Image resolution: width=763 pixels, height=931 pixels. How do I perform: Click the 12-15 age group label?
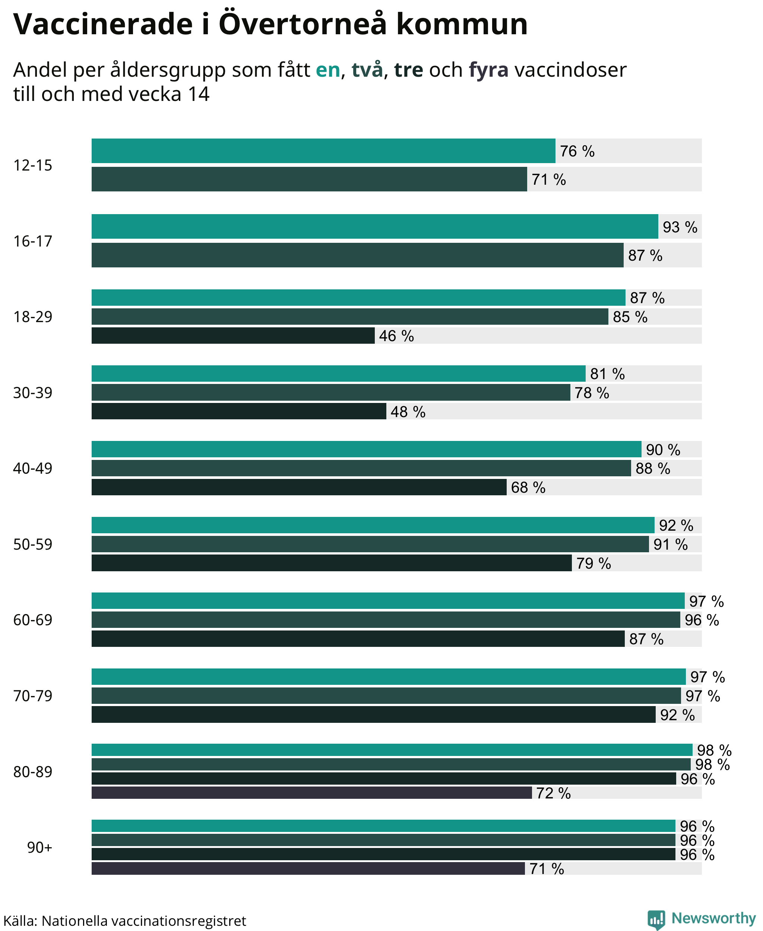(32, 165)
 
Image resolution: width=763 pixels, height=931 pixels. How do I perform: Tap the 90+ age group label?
(39, 847)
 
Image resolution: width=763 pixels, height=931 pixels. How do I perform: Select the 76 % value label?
(577, 151)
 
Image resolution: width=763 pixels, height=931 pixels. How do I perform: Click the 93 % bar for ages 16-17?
(375, 227)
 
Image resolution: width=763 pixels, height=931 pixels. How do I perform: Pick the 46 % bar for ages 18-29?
(233, 336)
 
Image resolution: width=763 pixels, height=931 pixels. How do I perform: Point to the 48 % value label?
(408, 412)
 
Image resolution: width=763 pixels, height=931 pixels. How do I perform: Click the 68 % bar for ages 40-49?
(299, 487)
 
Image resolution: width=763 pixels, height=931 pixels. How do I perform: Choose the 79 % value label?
(593, 563)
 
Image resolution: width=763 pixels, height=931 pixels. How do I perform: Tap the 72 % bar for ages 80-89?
(311, 792)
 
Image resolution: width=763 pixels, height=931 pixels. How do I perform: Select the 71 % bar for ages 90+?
(308, 868)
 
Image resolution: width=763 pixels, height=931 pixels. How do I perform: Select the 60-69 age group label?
(32, 620)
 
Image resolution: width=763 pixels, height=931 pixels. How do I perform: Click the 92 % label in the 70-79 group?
(677, 715)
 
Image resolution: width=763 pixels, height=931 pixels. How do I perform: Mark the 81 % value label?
(607, 374)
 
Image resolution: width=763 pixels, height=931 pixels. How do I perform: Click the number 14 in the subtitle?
(199, 94)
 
